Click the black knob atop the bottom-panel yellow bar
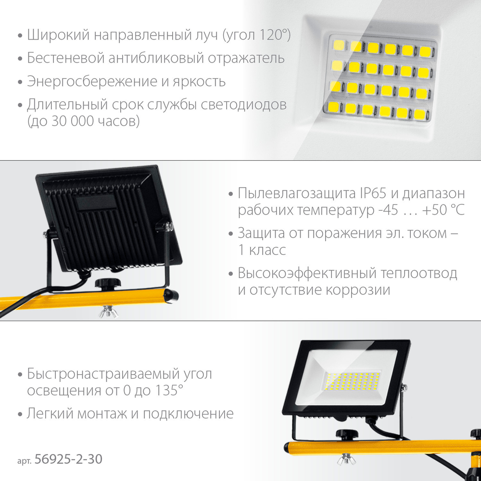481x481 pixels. click(x=344, y=435)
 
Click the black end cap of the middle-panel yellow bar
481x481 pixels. click(x=172, y=295)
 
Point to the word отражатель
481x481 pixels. click(x=249, y=59)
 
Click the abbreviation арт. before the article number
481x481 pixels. click(x=24, y=461)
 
